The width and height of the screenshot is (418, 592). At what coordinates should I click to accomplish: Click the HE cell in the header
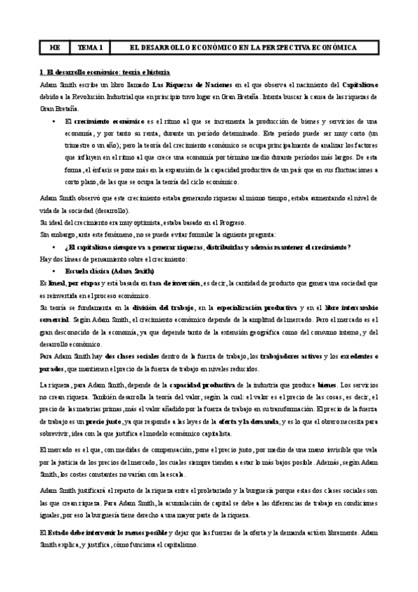[54, 47]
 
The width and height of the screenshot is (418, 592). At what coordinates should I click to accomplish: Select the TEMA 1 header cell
[91, 47]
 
